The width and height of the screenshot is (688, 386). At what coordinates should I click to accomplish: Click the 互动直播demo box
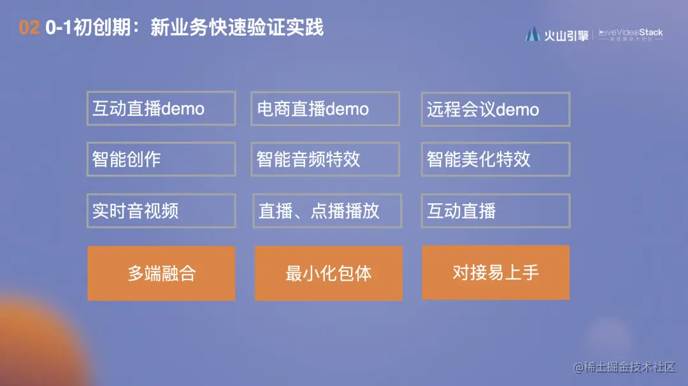(161, 108)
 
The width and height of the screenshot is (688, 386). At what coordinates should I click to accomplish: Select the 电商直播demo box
(325, 108)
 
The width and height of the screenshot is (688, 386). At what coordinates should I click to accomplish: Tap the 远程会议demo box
(495, 109)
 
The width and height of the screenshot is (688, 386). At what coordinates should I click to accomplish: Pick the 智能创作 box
(161, 159)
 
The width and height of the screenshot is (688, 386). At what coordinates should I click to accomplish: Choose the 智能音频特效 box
(325, 159)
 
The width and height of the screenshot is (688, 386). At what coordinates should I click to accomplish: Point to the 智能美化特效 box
(495, 159)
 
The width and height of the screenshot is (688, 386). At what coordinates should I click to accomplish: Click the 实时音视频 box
(161, 211)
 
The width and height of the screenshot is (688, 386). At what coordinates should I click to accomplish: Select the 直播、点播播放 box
(327, 211)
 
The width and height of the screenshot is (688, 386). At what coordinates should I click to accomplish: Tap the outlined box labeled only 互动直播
(495, 211)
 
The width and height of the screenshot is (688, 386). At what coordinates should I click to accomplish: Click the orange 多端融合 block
(161, 273)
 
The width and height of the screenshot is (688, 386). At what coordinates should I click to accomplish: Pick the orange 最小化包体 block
(328, 273)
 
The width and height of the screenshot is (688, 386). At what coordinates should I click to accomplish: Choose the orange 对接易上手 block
(495, 273)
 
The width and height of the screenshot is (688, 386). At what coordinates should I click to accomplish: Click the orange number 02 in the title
(29, 28)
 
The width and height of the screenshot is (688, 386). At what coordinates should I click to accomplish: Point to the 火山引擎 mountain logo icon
(533, 34)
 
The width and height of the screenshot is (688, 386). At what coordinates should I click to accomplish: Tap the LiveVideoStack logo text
(631, 32)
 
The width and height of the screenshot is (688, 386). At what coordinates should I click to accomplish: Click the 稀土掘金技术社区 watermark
(624, 367)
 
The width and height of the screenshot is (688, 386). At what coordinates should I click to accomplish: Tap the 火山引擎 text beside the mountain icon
(566, 35)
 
